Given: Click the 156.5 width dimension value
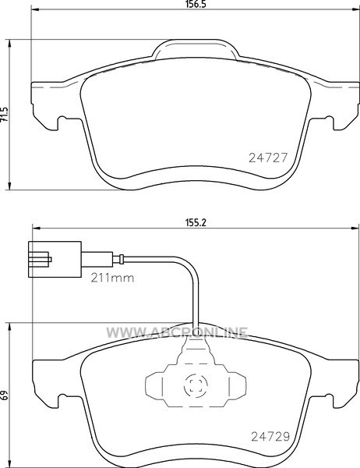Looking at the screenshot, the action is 196,4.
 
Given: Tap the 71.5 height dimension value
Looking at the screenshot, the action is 4,115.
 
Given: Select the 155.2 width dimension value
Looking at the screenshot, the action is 196,222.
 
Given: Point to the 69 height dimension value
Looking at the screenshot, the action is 4,395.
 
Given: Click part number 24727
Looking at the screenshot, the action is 268,158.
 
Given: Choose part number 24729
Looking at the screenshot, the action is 270,437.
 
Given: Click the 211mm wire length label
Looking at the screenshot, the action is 112,278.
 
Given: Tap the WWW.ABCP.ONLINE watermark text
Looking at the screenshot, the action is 177,332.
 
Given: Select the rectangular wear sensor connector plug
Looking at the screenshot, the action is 55,260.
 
